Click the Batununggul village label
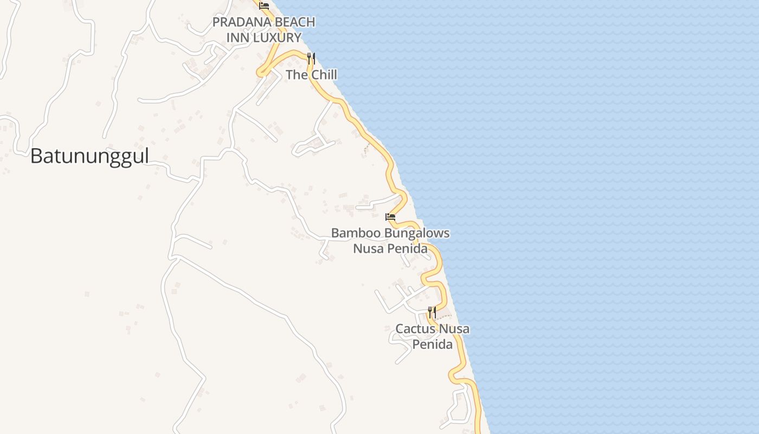(x=89, y=156)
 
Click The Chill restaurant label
(x=311, y=75)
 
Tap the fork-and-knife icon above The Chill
(x=311, y=58)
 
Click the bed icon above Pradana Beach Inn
(x=264, y=6)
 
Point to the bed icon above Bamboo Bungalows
(x=390, y=217)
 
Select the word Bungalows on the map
(x=416, y=233)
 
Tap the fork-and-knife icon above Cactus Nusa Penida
(x=432, y=312)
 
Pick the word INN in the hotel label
(x=239, y=37)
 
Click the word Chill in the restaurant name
(x=324, y=75)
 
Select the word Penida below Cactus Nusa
(x=432, y=344)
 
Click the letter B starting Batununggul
(x=36, y=156)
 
